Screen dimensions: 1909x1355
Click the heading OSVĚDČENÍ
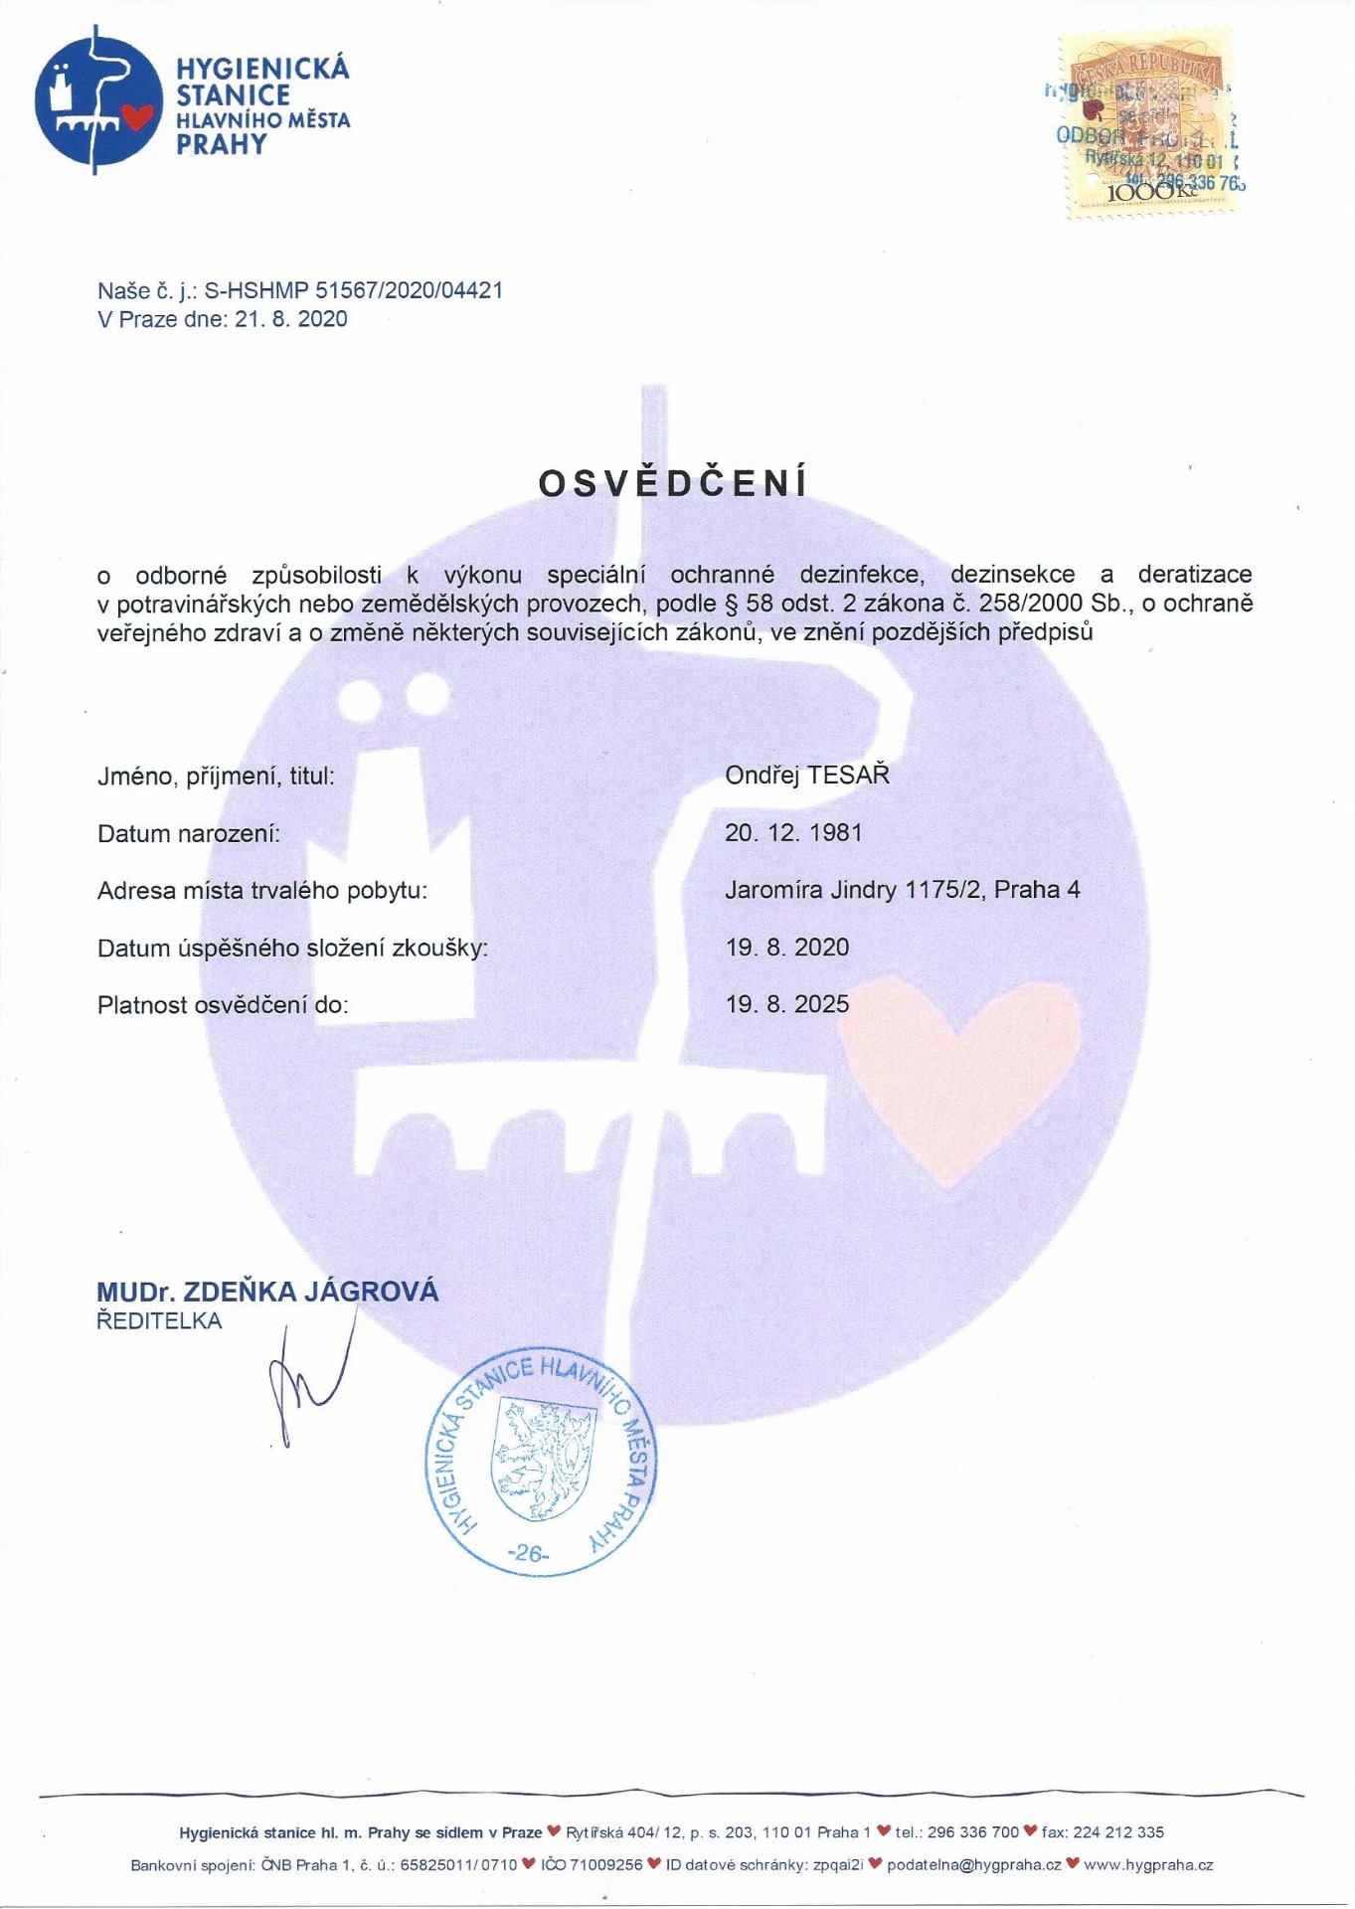point(673,483)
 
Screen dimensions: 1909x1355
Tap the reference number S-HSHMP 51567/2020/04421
point(353,290)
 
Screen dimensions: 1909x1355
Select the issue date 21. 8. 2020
point(291,319)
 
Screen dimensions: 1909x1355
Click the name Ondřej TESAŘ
point(806,776)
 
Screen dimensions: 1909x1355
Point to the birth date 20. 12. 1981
point(793,832)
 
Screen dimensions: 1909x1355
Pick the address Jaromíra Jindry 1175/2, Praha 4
point(902,889)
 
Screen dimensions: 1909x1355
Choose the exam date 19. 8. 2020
point(787,947)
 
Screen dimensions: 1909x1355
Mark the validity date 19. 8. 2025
point(787,1003)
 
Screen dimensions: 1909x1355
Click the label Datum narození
point(189,833)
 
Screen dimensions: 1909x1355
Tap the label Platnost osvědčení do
point(223,1005)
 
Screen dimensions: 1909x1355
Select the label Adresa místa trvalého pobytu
point(262,890)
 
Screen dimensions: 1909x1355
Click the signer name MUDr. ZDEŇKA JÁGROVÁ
point(267,1292)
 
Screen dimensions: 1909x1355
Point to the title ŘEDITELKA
point(159,1321)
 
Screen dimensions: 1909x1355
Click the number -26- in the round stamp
point(528,1552)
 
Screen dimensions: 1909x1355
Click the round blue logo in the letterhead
point(96,99)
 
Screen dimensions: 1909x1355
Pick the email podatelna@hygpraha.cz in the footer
point(973,1864)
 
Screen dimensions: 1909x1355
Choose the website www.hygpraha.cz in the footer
point(1148,1864)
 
